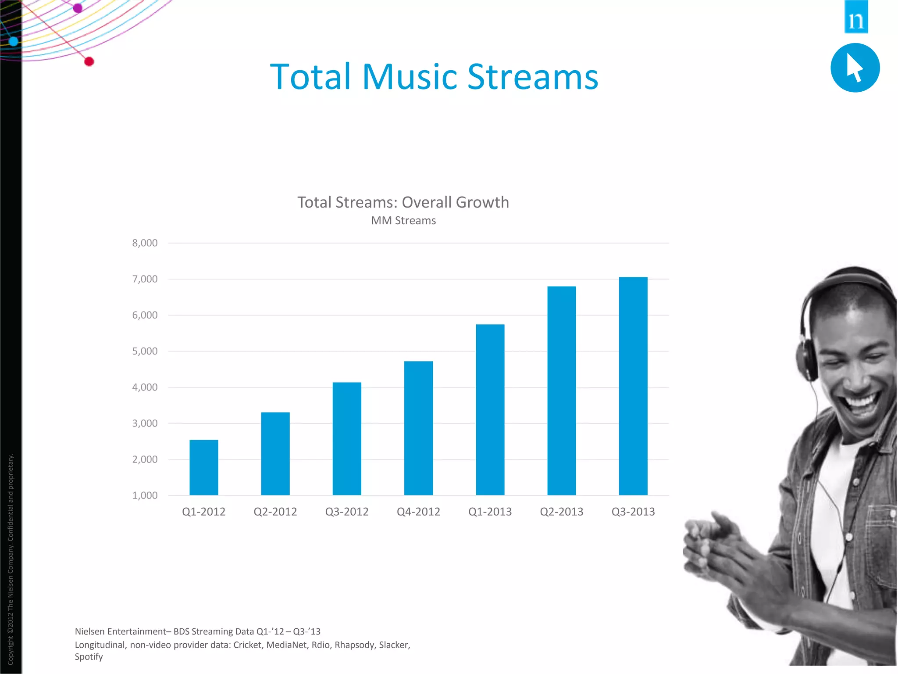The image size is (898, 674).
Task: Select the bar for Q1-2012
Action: coord(204,467)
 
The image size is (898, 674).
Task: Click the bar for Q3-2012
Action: coord(347,439)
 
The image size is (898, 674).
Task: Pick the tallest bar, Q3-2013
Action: coord(633,386)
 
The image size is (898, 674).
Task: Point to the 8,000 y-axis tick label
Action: coord(145,243)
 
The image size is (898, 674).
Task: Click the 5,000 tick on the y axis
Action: coord(145,351)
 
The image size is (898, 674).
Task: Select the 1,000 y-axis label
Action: coord(145,495)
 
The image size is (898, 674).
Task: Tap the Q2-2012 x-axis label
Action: coord(275,512)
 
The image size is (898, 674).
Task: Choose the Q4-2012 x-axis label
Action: coord(418,512)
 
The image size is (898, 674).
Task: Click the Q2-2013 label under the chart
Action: coord(561,512)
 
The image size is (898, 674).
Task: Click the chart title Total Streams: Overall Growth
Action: coord(403,202)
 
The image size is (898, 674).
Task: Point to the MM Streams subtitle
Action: coord(403,221)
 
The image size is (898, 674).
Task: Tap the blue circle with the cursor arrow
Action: coord(855,68)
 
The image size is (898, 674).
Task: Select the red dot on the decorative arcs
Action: coord(89,62)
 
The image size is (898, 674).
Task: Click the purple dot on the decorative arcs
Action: coord(78,8)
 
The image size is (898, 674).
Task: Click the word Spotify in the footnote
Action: coord(89,657)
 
